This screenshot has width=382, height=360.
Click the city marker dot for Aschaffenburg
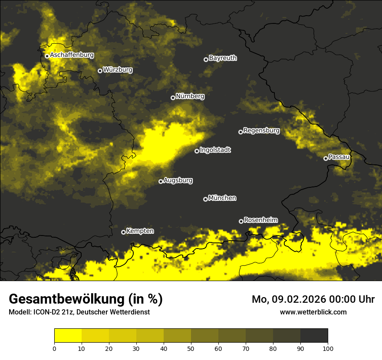(47, 56)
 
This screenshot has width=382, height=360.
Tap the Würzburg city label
(118, 70)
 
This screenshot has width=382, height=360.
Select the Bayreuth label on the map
(223, 58)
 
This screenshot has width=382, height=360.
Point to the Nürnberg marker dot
(173, 98)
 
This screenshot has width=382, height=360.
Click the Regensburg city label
(261, 131)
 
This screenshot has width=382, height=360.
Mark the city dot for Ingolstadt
(197, 151)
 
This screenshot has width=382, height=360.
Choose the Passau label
(339, 157)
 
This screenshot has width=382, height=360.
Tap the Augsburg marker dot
(161, 181)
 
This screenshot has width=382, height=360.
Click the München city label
(222, 198)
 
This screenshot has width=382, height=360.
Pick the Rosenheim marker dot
(241, 221)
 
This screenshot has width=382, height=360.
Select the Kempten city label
(140, 231)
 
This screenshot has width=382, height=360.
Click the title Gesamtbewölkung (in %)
(86, 299)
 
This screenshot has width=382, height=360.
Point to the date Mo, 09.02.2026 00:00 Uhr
(313, 299)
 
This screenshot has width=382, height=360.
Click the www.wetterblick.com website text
(313, 312)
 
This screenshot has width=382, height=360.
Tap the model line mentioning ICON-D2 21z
(79, 312)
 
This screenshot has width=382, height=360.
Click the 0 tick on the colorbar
(54, 348)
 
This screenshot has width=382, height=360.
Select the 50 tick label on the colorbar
(191, 348)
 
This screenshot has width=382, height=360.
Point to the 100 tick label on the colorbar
(328, 348)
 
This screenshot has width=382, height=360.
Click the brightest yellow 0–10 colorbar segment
(68, 336)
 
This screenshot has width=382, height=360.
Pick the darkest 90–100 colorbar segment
(314, 336)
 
